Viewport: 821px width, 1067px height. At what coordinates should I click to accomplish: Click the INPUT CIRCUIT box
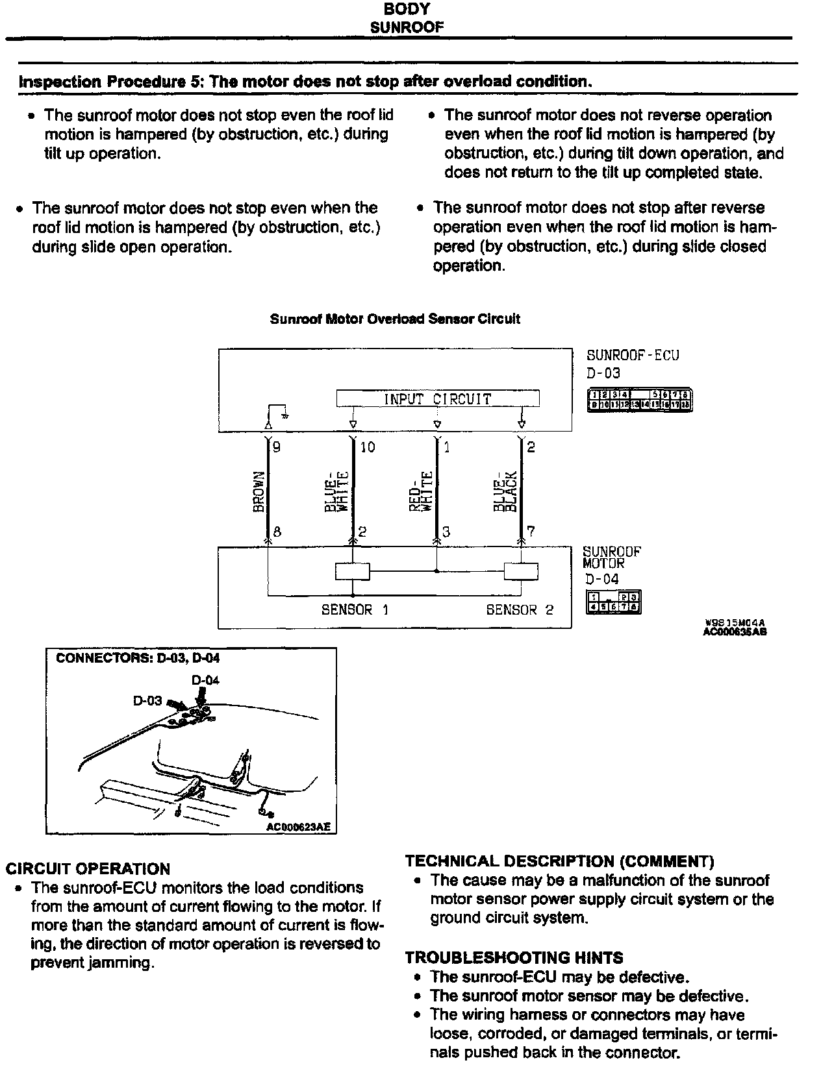[x=437, y=399]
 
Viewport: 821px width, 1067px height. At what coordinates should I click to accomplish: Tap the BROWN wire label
[x=259, y=491]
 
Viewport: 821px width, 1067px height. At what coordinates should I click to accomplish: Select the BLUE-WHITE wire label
[x=338, y=491]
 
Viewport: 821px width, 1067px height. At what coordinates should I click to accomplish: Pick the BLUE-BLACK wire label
[x=504, y=491]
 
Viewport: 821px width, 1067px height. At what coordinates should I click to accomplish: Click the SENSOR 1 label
[x=355, y=609]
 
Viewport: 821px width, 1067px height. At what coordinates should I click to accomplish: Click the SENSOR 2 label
[x=520, y=609]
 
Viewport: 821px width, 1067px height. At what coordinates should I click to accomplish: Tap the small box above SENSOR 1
[x=353, y=571]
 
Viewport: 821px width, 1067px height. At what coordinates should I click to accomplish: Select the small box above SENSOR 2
[x=521, y=571]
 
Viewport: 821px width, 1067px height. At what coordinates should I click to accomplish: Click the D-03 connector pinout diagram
[x=640, y=400]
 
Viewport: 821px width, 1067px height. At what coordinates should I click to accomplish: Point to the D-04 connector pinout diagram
[x=613, y=602]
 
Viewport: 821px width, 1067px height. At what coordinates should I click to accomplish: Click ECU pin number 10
[x=367, y=447]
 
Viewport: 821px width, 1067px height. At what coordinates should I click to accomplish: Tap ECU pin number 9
[x=277, y=447]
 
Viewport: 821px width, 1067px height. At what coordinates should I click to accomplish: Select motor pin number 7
[x=531, y=532]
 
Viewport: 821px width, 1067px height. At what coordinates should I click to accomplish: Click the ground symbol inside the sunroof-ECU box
[x=284, y=411]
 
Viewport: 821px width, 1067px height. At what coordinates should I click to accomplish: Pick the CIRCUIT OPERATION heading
[x=88, y=868]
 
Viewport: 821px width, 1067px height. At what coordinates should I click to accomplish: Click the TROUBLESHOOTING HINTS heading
[x=514, y=957]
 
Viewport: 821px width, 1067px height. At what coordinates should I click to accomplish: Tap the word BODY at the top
[x=407, y=9]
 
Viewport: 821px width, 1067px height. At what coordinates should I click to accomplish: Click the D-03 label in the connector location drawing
[x=147, y=701]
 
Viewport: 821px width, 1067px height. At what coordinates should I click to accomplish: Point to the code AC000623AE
[x=298, y=827]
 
